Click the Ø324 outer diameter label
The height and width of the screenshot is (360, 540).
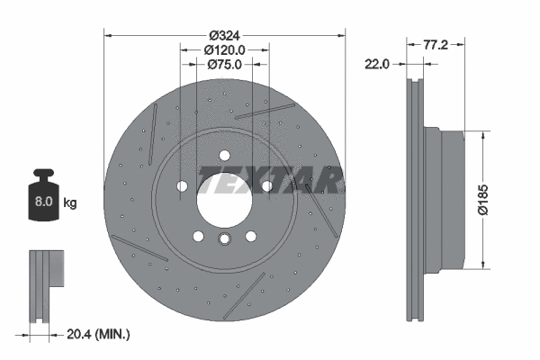223,36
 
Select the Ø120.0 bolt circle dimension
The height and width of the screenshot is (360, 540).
223,50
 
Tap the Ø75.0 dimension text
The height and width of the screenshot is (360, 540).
223,65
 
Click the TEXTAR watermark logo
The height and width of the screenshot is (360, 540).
270,180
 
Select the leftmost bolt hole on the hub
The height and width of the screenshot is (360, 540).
183,186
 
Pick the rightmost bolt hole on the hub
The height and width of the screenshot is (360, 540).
266,186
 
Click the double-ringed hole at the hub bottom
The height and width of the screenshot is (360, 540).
225,238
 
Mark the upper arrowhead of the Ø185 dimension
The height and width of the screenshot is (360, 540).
486,134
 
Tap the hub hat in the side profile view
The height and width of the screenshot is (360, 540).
445,199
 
